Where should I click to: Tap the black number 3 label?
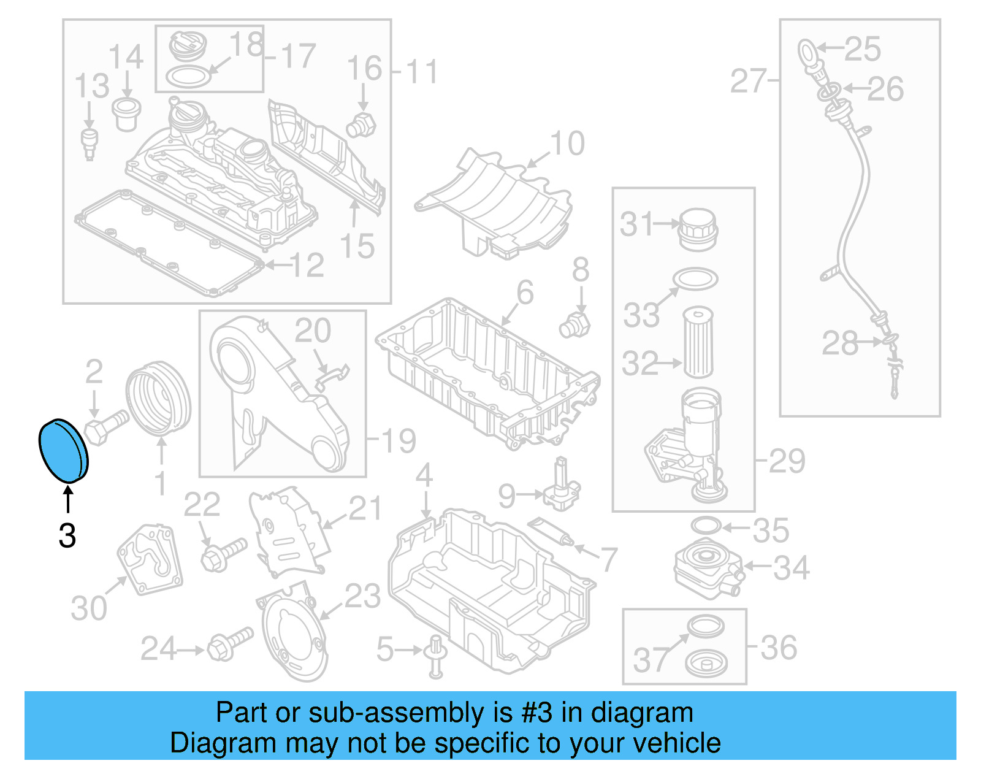pos(67,535)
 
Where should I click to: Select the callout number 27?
pos(749,81)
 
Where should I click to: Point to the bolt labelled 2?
pos(105,425)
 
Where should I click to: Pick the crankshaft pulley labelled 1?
pos(158,399)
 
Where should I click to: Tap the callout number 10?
pos(567,144)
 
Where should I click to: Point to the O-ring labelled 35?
pos(705,526)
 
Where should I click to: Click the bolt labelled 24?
pos(229,644)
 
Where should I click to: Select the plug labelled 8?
pos(574,325)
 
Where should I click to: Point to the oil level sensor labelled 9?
pos(559,487)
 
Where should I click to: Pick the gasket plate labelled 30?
pos(151,559)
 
